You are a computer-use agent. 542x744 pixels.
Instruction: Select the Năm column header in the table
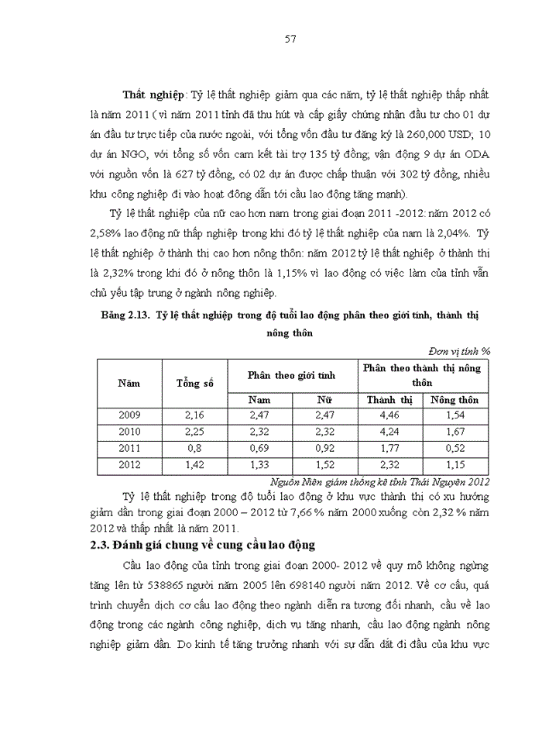tap(129, 383)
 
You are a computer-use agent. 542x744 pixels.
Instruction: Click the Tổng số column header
tap(194, 383)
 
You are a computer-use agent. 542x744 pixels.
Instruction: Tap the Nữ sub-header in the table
tap(324, 400)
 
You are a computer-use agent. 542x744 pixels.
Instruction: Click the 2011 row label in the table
tap(129, 448)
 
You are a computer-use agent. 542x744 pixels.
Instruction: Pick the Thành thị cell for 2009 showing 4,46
tap(389, 416)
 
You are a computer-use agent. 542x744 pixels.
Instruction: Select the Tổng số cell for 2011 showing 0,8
tap(194, 448)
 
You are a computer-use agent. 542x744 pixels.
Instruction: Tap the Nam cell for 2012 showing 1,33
tap(259, 464)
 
